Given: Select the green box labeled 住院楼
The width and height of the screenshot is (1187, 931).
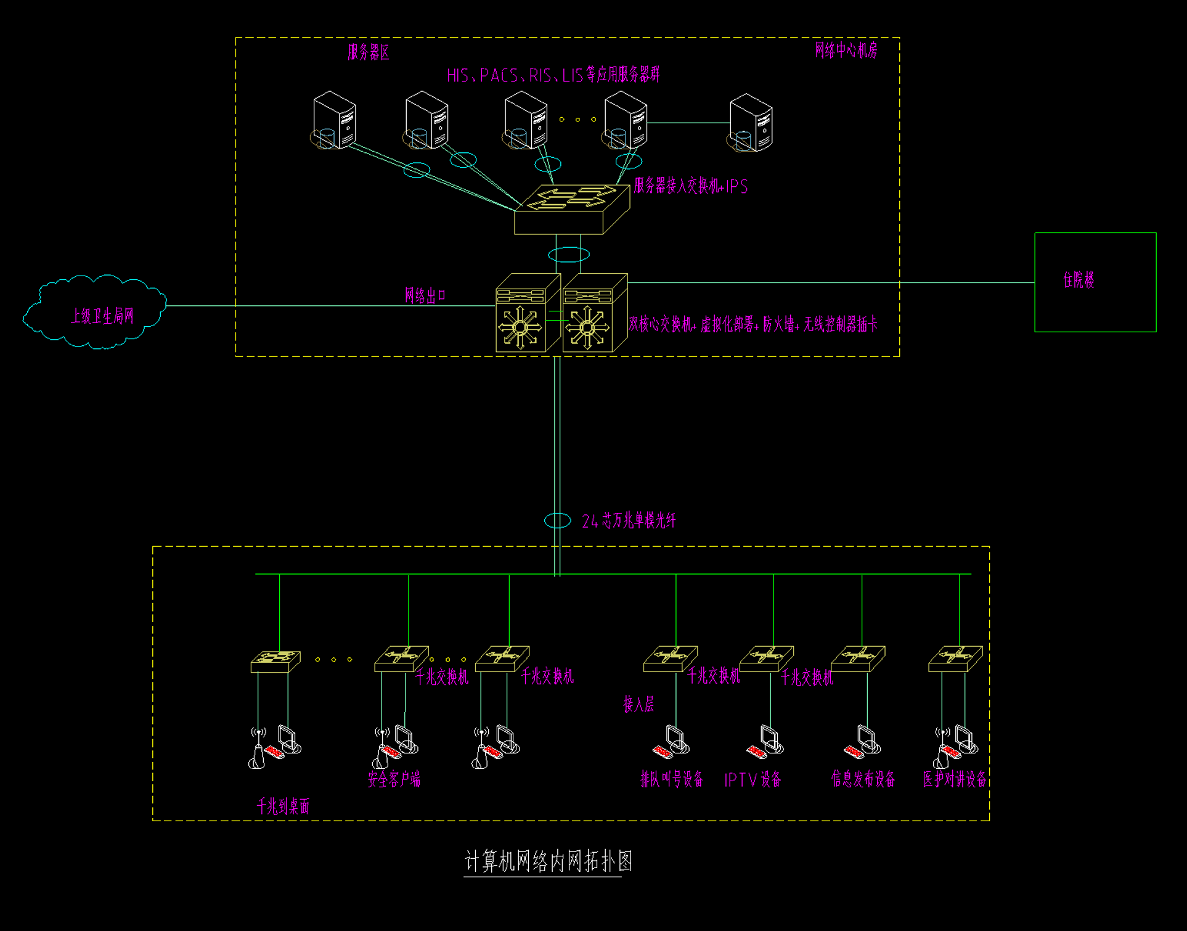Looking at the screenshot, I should (x=1095, y=282).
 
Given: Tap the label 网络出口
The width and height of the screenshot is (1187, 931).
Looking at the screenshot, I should (x=425, y=295).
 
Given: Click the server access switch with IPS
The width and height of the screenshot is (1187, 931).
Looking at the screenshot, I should (x=571, y=210).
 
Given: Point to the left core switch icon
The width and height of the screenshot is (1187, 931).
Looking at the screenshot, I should (x=527, y=313).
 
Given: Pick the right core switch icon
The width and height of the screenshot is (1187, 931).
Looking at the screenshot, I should (x=594, y=313).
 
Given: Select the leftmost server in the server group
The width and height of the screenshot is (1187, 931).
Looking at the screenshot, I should (x=333, y=120).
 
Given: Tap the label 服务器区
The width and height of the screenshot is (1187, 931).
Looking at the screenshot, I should (x=369, y=52).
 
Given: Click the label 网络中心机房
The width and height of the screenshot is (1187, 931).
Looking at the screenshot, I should (x=846, y=51).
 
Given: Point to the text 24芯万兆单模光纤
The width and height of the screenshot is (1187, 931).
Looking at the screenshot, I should (x=629, y=521).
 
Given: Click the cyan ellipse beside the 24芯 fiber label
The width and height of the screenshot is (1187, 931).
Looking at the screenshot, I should (x=557, y=520).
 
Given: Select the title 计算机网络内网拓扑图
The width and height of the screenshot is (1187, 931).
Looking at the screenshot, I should (x=548, y=861).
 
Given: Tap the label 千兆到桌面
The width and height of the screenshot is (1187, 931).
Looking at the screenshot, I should (x=283, y=806).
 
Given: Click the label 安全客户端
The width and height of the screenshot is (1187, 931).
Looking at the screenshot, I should (x=394, y=779).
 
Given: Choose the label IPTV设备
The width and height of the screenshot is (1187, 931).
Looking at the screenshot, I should (x=753, y=780).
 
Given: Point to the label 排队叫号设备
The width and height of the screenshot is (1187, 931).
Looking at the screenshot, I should (x=671, y=779).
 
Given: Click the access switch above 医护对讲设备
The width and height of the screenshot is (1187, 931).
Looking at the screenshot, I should (x=955, y=658).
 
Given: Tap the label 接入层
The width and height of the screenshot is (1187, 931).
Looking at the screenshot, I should (x=638, y=703).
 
